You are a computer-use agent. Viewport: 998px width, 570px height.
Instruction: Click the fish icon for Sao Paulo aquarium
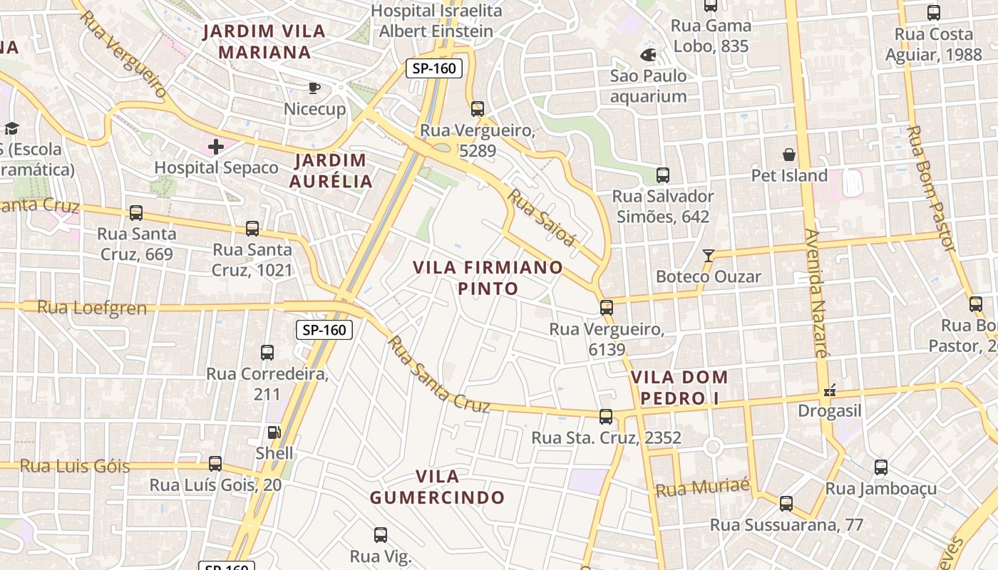click(648, 55)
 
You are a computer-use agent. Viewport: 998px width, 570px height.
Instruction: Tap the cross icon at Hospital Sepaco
click(216, 147)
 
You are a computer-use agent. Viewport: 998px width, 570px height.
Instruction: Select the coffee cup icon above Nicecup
click(314, 88)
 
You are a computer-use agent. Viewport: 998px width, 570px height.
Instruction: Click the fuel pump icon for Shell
click(274, 432)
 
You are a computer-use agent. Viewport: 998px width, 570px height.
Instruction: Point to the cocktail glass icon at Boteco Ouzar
click(708, 255)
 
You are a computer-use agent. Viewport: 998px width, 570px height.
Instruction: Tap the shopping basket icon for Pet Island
click(789, 155)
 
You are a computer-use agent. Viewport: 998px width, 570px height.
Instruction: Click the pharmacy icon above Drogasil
click(829, 390)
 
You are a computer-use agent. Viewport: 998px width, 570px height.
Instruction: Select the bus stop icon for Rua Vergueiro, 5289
click(478, 109)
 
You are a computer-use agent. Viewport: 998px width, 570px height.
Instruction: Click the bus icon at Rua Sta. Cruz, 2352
click(606, 416)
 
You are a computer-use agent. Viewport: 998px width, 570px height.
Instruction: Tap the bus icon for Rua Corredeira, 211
click(267, 352)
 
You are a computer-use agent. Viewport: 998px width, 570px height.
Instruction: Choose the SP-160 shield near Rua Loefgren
click(324, 330)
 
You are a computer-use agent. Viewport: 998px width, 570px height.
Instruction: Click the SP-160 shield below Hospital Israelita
click(434, 68)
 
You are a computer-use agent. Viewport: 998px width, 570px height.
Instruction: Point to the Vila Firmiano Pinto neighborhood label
click(488, 278)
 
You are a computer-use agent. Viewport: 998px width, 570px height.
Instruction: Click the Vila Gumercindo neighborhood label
click(437, 487)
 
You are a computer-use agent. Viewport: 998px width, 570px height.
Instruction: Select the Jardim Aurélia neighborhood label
click(331, 170)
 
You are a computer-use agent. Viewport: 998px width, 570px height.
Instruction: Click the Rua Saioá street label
click(541, 217)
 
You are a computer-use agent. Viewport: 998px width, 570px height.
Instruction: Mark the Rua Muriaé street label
click(702, 488)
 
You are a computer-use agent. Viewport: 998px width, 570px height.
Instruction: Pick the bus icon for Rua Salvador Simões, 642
click(663, 175)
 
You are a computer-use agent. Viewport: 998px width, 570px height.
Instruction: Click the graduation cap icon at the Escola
click(11, 128)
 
